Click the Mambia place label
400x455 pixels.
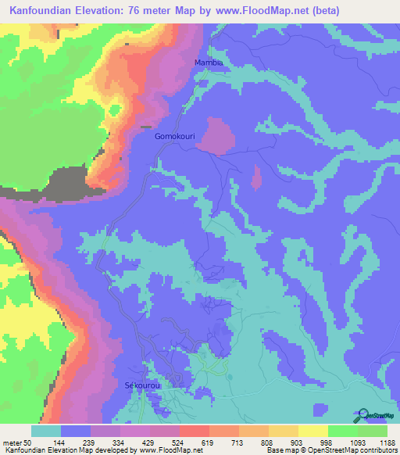tap(209, 62)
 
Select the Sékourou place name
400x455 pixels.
tap(142, 385)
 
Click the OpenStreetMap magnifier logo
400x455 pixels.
tap(362, 414)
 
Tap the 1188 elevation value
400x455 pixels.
tap(387, 442)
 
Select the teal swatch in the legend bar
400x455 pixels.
tap(46, 431)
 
